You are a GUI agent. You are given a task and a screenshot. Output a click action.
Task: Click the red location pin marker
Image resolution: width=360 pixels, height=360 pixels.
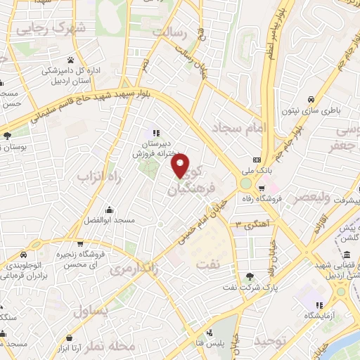tap(181, 167)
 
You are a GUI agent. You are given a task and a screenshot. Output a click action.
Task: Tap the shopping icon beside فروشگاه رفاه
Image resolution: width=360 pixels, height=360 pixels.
tap(261, 188)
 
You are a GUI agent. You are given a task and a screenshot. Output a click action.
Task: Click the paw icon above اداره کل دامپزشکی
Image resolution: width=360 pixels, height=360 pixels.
tap(71, 59)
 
